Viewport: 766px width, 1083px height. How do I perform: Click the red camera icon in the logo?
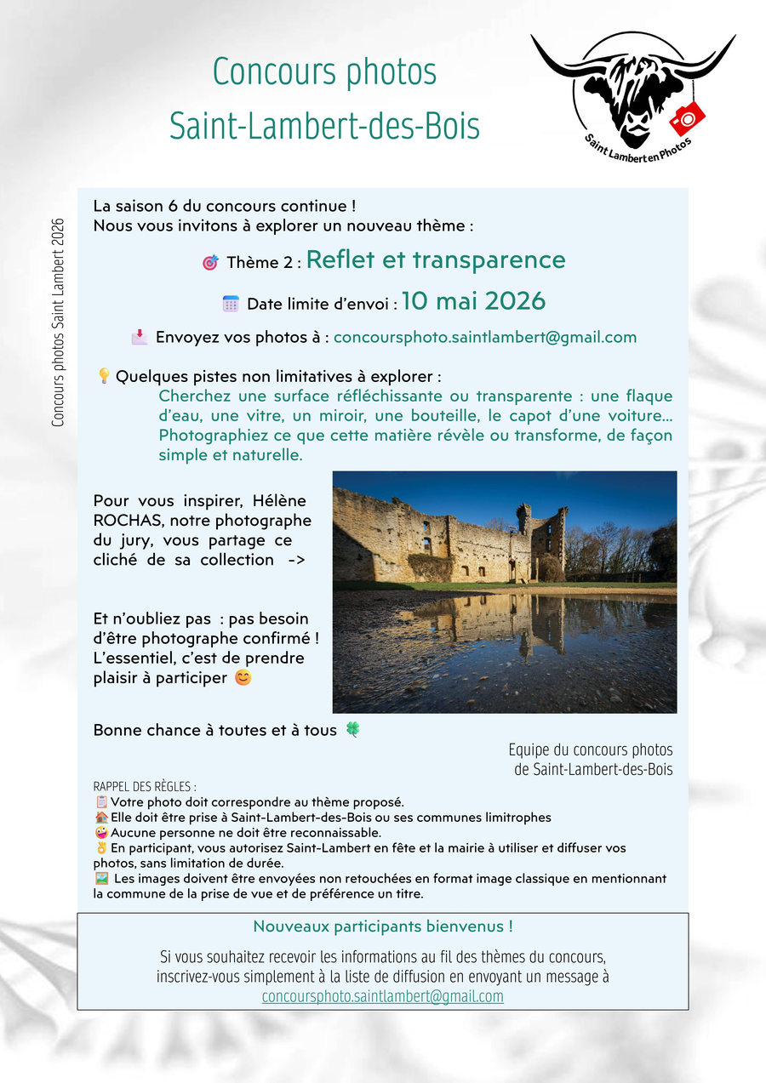(x=688, y=117)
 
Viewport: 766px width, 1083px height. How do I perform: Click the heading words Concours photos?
(x=324, y=72)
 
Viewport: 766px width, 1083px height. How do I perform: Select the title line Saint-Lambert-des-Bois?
(x=324, y=126)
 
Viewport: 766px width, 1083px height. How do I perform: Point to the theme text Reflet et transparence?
(x=436, y=259)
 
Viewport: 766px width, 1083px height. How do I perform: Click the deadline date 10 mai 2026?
(x=473, y=301)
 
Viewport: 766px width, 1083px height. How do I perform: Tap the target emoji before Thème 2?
(x=210, y=263)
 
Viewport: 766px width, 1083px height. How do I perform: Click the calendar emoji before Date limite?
(x=231, y=304)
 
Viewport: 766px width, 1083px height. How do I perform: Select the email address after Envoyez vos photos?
(x=485, y=337)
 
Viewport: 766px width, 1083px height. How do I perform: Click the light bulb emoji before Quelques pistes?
(x=104, y=376)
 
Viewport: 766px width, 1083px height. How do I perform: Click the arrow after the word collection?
(x=290, y=560)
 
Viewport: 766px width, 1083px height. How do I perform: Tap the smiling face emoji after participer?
(x=243, y=679)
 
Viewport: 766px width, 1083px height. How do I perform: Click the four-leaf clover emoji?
(x=352, y=730)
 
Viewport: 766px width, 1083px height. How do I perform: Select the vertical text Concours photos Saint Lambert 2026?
(x=58, y=322)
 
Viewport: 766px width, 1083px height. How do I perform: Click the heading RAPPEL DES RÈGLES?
(x=145, y=787)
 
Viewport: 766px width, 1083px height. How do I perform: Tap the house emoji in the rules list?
(x=101, y=818)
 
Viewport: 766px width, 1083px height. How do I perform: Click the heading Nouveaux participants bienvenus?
(x=383, y=926)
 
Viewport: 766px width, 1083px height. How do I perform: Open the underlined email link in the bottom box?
(x=383, y=996)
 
